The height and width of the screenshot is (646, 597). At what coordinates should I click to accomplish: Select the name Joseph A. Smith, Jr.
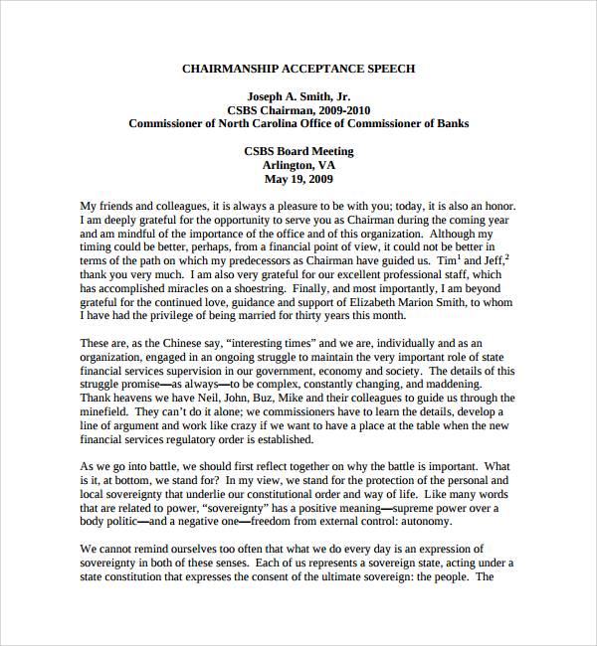298,96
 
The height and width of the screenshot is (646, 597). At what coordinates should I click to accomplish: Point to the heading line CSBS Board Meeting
298,151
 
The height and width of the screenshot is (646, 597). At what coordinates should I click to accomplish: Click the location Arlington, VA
298,165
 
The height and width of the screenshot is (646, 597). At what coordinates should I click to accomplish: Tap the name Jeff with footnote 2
493,259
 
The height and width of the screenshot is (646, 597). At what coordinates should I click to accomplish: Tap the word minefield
104,411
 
